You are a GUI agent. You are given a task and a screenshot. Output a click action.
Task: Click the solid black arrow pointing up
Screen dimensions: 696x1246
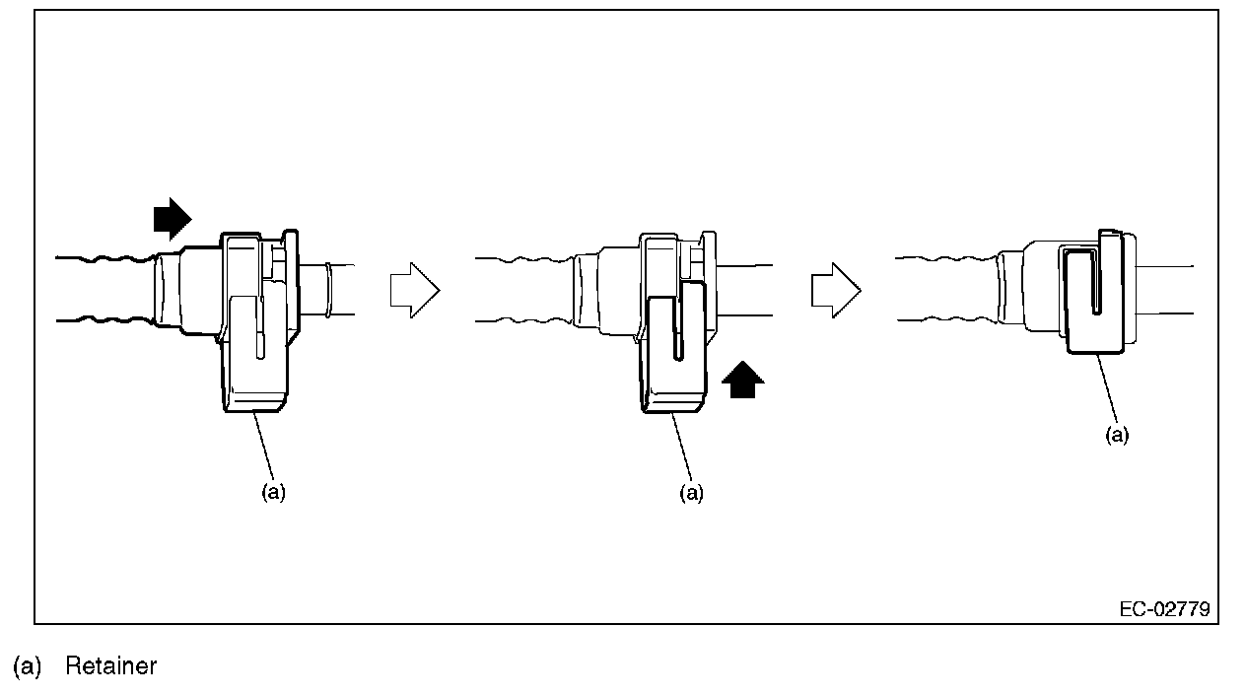[743, 380]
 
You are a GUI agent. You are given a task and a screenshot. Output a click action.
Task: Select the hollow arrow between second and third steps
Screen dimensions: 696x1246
[835, 291]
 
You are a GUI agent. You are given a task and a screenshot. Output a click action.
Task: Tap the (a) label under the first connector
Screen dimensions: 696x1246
[273, 493]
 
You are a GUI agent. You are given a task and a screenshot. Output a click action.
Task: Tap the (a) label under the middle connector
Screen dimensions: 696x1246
[692, 493]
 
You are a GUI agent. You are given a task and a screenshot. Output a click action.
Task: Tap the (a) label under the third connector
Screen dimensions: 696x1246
[1117, 436]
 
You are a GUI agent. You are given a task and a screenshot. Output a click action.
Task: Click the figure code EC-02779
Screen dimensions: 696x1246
[1164, 609]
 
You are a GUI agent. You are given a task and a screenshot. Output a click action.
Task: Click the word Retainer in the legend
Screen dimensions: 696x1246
[110, 666]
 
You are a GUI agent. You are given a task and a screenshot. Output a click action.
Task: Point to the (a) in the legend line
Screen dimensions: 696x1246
[28, 666]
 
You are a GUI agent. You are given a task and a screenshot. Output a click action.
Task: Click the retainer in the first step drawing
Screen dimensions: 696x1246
[254, 355]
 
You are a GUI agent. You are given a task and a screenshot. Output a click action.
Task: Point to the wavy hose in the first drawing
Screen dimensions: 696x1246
[104, 288]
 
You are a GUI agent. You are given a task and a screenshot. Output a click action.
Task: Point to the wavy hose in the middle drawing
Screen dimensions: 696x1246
[522, 288]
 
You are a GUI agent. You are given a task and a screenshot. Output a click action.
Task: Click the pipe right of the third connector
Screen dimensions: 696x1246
[1168, 290]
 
